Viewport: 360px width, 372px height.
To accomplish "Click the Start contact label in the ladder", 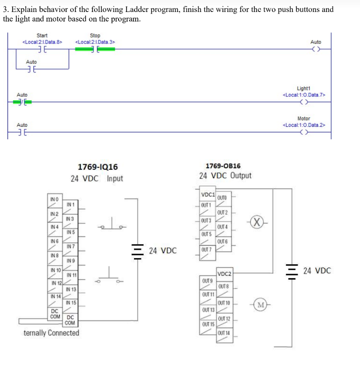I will (x=42, y=35).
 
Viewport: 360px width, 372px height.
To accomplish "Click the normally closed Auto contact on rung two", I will (x=22, y=103).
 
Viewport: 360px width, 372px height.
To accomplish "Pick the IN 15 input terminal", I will (x=70, y=303).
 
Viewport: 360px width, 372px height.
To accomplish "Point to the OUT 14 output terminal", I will (x=223, y=333).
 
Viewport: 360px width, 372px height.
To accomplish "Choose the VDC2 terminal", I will (x=224, y=273).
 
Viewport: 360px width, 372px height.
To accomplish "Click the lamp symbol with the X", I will (x=256, y=222).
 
